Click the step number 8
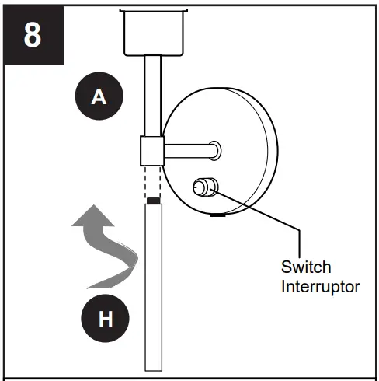pos(33,35)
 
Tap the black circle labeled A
pos(98,96)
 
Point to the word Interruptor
pos(321,286)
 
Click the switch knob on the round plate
pos(204,187)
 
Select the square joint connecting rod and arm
pos(152,149)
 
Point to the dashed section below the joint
pos(153,180)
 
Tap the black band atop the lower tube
pos(153,201)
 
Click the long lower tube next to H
pos(153,288)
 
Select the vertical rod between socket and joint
pos(152,93)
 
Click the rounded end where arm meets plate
pos(216,146)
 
